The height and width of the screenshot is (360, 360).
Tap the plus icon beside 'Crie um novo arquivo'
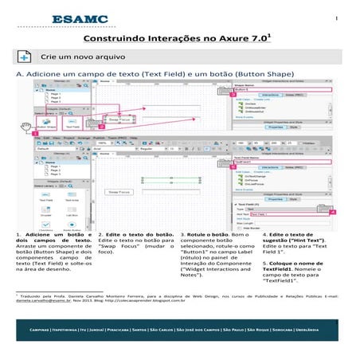(x=25, y=58)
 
